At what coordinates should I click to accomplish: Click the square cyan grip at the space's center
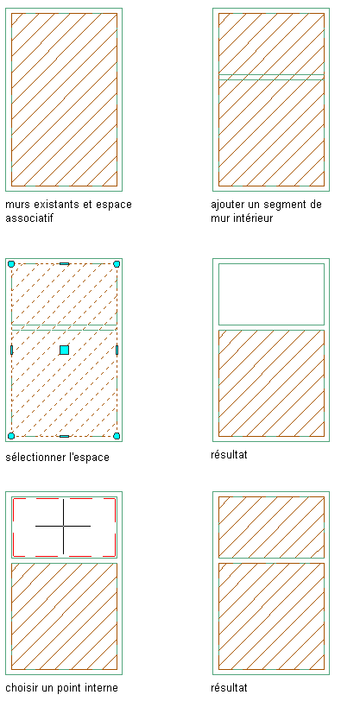pos(64,350)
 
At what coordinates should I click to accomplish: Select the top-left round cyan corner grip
pos(11,263)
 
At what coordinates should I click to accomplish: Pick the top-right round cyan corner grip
pos(117,263)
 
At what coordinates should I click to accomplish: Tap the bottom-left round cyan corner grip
pos(11,436)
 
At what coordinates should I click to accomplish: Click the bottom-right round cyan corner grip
pos(117,436)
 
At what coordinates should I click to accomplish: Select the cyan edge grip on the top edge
pos(64,263)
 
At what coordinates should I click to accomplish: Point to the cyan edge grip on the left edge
pos(11,350)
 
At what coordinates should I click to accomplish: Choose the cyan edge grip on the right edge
pos(117,350)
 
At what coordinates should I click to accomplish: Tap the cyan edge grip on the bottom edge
pos(64,436)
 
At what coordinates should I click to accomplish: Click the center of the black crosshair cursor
pos(63,526)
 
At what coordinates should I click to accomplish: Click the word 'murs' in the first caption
pos(17,205)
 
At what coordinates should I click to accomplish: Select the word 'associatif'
pos(29,218)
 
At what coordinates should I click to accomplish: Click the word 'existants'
pos(54,205)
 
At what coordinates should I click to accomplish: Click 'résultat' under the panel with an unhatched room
pos(229,455)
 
